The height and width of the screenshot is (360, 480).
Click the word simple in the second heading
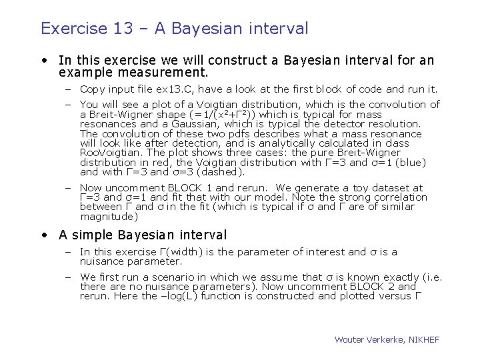click(91, 235)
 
